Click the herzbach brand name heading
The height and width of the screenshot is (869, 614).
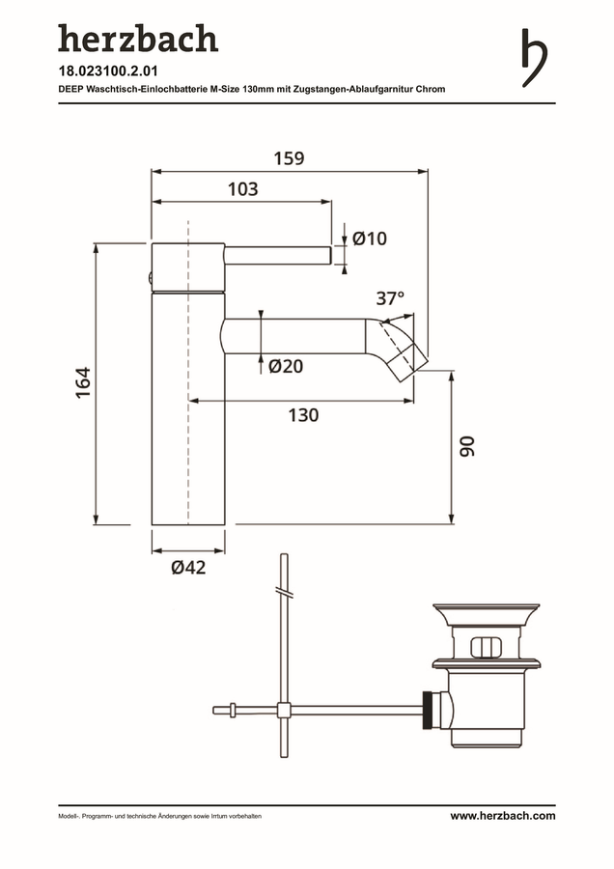[x=138, y=39]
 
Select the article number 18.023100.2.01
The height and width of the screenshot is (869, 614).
[x=108, y=71]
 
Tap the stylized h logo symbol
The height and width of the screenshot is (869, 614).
[x=534, y=58]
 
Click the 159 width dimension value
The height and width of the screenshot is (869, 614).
[x=290, y=158]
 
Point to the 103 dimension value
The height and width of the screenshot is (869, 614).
[x=243, y=189]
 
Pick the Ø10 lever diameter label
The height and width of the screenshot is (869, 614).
[x=370, y=238]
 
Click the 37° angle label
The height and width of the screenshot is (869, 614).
[x=390, y=298]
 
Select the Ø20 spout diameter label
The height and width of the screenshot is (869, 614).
[x=286, y=366]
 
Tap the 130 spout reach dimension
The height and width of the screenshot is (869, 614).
[x=304, y=415]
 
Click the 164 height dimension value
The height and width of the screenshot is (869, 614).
[x=83, y=382]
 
